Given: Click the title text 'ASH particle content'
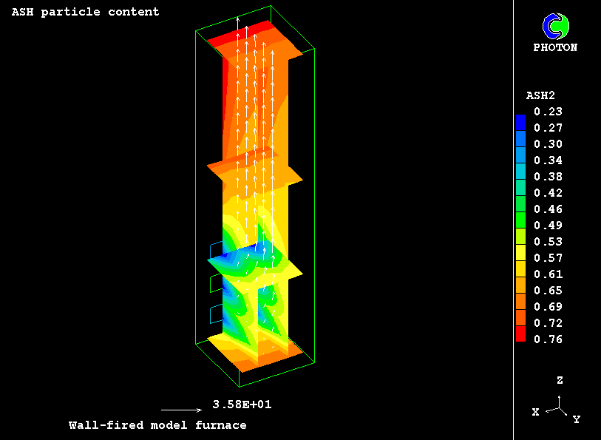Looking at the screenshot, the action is coord(85,12).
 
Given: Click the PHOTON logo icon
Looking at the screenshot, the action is coord(556,26).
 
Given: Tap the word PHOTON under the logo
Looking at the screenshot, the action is coord(555,47).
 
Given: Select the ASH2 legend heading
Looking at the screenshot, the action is coord(540,95).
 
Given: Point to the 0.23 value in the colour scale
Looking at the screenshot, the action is coord(548,112).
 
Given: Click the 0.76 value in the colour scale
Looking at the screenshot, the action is coord(548,339).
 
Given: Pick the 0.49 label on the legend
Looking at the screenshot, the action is coord(548,226).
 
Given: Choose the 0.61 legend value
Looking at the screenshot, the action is coord(548,274).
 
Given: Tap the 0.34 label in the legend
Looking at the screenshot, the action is coord(548,160).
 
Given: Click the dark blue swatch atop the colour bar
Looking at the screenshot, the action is coord(521,123).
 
